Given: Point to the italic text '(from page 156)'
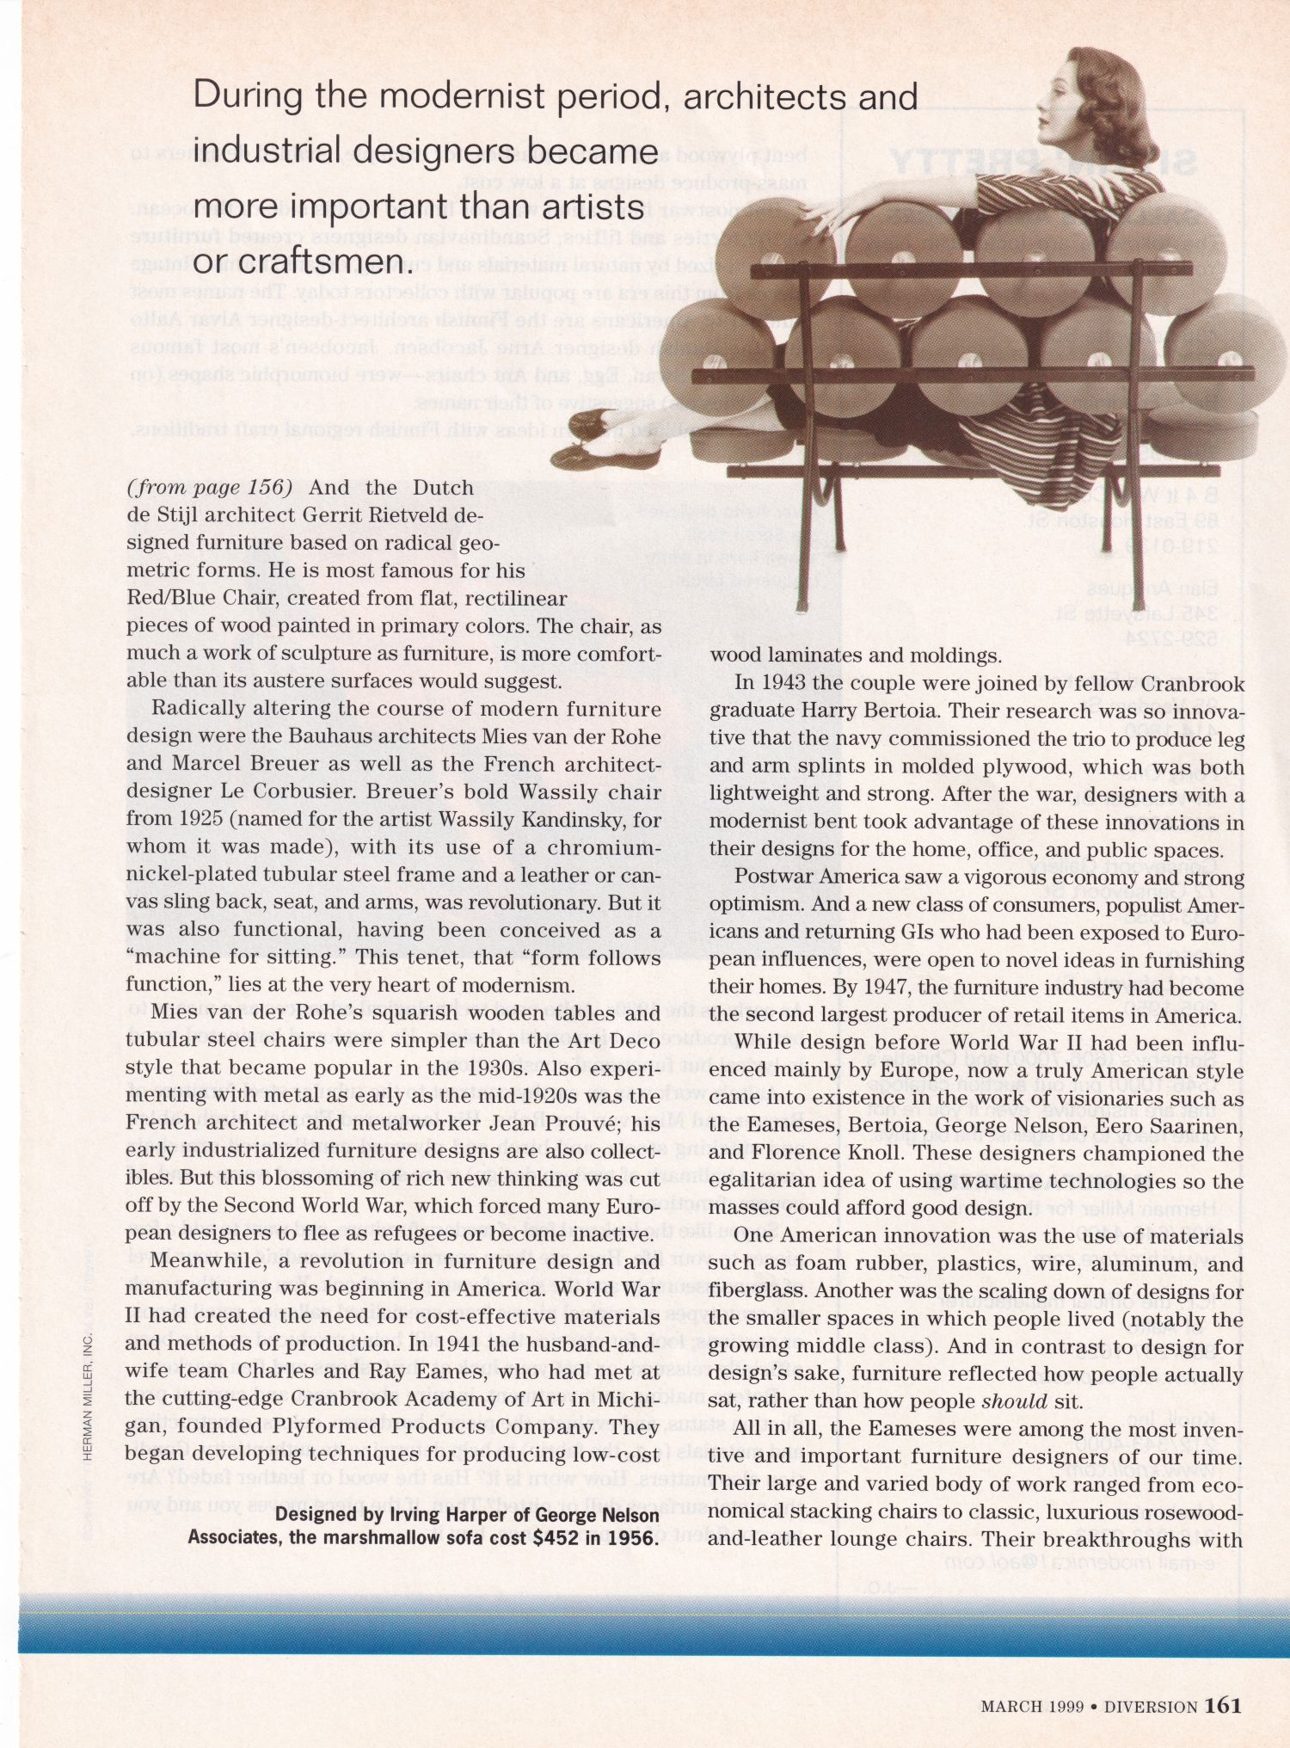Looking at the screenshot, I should pyautogui.click(x=210, y=488).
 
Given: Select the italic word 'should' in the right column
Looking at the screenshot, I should pyautogui.click(x=1015, y=1401).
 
